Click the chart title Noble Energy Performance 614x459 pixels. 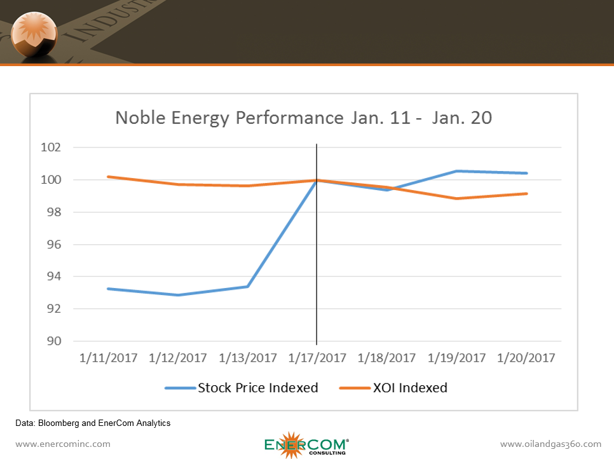click(303, 118)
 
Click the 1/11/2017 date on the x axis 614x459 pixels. click(108, 358)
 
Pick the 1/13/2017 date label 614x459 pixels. click(248, 358)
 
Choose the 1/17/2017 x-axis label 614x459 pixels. click(317, 358)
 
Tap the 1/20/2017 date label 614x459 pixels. click(526, 358)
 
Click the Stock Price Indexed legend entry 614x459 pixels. click(242, 387)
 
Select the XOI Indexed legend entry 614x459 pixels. click(395, 387)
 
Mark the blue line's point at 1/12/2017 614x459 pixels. click(178, 295)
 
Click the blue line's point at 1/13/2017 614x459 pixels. click(248, 287)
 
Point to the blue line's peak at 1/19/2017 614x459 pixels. click(456, 171)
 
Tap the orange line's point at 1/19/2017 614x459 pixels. click(456, 198)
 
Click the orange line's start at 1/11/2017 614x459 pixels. click(109, 177)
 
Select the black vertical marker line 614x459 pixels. click(317, 254)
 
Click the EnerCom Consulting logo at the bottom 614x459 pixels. click(306, 444)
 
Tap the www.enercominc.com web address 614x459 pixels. click(63, 444)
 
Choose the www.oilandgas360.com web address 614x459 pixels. click(550, 444)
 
